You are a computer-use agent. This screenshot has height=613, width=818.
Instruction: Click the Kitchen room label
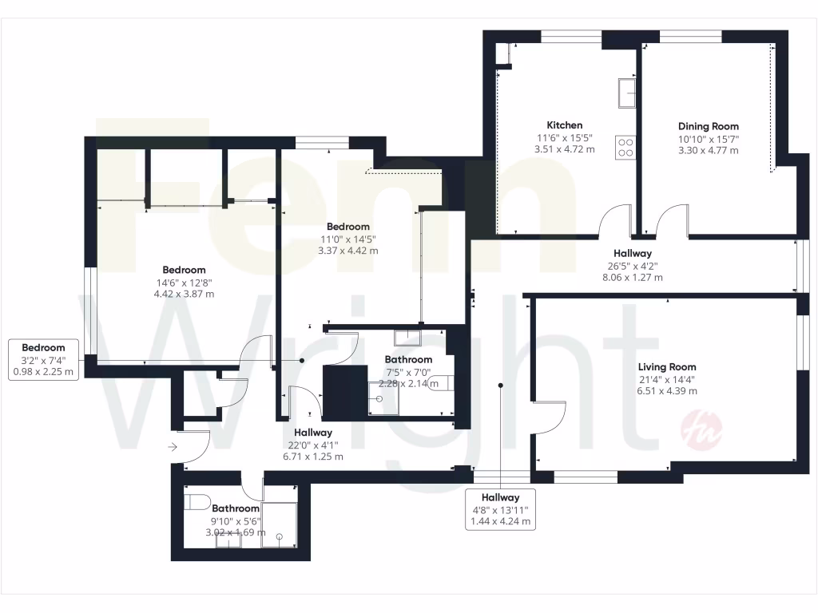click(x=564, y=125)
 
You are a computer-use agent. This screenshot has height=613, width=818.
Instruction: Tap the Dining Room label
click(x=708, y=126)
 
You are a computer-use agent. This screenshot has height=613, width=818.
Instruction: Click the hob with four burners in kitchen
click(x=625, y=147)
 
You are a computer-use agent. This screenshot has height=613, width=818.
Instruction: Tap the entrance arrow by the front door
click(x=173, y=448)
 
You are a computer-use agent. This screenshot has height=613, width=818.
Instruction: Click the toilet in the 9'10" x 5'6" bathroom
click(x=197, y=503)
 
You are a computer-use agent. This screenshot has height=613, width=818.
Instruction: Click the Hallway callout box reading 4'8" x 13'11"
click(x=500, y=509)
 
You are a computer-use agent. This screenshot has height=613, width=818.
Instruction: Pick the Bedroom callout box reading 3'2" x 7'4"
click(x=43, y=359)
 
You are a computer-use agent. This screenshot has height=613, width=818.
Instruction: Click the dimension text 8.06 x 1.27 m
click(x=632, y=278)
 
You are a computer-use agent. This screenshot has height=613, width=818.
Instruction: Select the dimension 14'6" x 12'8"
click(x=184, y=282)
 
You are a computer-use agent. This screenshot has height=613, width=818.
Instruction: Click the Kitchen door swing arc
click(x=616, y=219)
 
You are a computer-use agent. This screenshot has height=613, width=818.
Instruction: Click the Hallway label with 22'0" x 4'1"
click(x=313, y=433)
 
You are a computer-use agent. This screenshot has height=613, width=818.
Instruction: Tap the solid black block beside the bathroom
click(x=343, y=391)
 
